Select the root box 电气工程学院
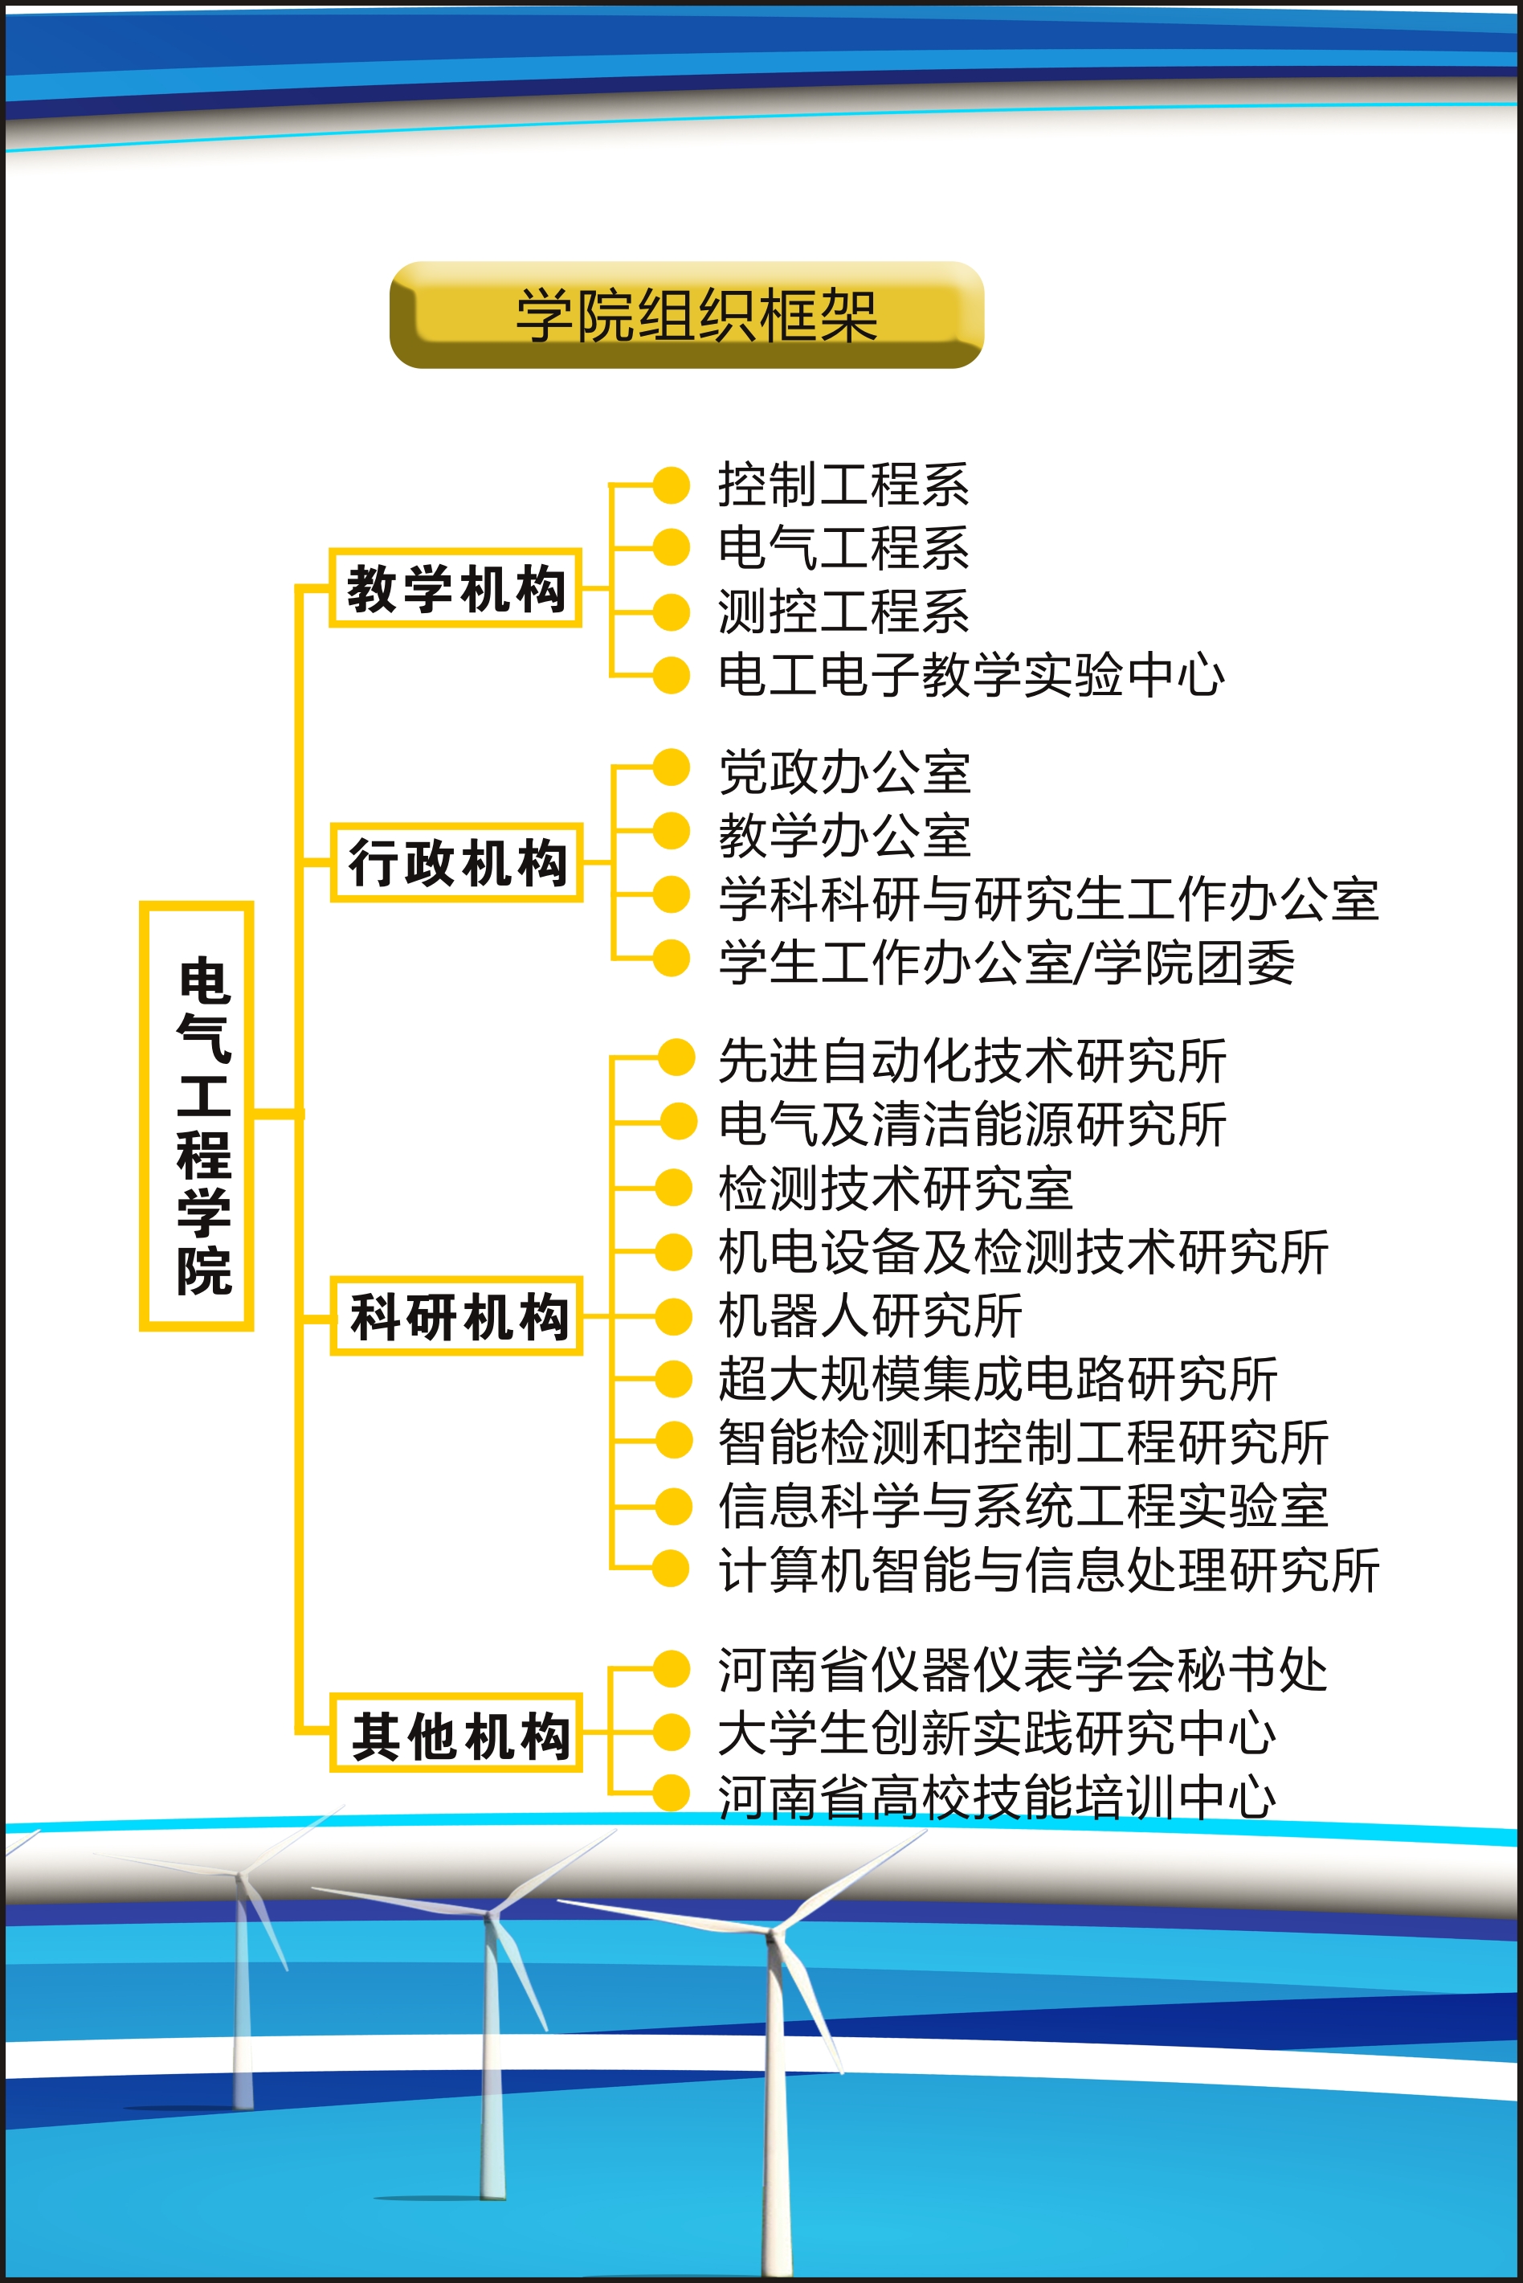coord(197,1115)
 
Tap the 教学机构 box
coord(455,587)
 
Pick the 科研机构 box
coord(456,1315)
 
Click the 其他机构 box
coord(456,1733)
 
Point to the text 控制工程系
coord(843,485)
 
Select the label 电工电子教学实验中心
coord(971,675)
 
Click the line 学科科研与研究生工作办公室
coord(1048,898)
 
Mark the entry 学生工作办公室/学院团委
coord(1006,963)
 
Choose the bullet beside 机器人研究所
coord(673,1316)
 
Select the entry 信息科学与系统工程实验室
coord(1023,1506)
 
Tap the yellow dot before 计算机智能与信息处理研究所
coord(672,1568)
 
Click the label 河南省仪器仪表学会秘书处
coord(1023,1670)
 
